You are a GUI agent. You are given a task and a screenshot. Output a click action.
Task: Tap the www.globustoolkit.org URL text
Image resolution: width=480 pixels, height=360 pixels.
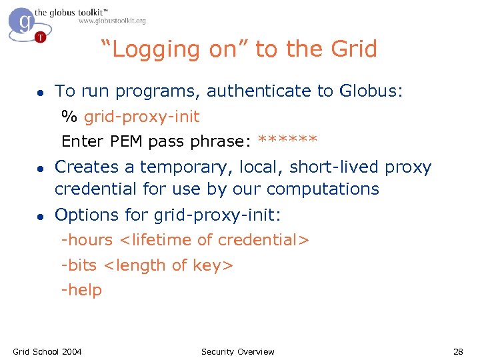(x=112, y=21)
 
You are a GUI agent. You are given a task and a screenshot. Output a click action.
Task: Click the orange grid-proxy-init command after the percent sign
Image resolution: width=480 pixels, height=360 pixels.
(x=141, y=117)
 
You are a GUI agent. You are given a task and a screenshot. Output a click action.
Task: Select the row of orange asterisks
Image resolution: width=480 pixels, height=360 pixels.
(x=287, y=141)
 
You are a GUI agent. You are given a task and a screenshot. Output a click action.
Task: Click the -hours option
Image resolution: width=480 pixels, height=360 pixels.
(x=87, y=240)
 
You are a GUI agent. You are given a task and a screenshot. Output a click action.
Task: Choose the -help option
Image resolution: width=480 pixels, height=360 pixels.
(x=81, y=290)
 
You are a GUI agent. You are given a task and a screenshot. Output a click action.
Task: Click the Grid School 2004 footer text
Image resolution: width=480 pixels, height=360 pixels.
(x=47, y=351)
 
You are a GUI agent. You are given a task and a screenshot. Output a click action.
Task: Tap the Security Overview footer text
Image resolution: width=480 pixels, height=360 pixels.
(x=237, y=351)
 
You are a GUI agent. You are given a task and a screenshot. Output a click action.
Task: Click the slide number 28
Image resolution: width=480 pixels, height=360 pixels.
(x=457, y=351)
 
